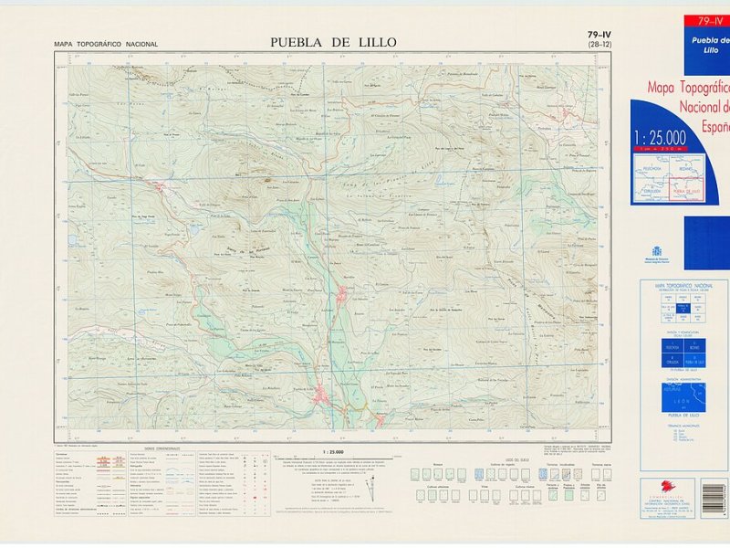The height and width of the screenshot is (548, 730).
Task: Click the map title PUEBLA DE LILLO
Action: (334, 42)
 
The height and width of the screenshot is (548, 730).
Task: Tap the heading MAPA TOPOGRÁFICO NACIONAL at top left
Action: (106, 44)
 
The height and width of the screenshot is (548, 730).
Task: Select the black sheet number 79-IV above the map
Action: (600, 36)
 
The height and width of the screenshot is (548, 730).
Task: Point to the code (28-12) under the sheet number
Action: (600, 45)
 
